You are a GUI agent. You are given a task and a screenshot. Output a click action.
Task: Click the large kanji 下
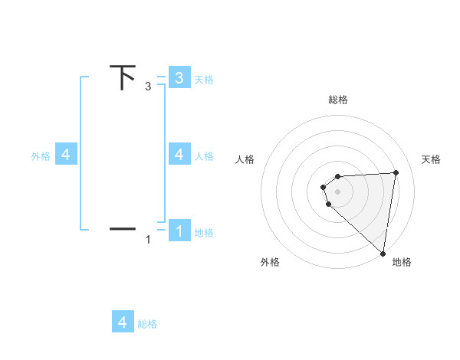tap(123, 78)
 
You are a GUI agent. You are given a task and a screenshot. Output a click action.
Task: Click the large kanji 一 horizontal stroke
tap(123, 228)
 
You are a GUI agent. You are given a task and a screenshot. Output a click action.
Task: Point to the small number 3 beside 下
tap(148, 87)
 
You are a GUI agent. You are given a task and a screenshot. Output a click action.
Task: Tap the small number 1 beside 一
tap(148, 240)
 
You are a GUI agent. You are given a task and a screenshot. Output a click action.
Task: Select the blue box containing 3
tap(179, 77)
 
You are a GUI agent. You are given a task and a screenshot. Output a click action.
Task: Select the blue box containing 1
tap(179, 231)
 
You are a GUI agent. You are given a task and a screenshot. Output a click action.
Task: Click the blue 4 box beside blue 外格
tap(66, 155)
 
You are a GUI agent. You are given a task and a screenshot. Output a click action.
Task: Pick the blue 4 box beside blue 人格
tap(179, 155)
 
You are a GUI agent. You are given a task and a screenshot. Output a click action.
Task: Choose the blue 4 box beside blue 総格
tap(123, 322)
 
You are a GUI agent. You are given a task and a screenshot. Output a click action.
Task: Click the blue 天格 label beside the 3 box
tap(204, 79)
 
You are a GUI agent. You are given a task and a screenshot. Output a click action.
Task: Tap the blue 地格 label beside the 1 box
tap(204, 233)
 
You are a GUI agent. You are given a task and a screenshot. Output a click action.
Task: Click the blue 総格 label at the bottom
tap(147, 324)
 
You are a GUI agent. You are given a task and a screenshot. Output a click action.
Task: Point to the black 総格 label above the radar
tap(338, 100)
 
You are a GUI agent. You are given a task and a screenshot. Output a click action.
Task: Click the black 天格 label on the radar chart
tap(432, 159)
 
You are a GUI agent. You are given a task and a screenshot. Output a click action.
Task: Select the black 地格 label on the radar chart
tap(402, 262)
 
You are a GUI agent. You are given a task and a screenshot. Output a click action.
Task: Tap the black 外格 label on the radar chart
tap(270, 262)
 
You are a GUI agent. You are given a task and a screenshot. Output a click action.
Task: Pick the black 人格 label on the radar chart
tap(245, 159)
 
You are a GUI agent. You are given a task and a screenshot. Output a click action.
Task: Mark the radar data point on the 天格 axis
tap(396, 172)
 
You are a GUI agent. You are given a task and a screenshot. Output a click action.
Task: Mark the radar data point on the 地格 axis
tap(383, 253)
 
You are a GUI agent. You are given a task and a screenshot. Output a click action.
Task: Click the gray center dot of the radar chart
tap(338, 191)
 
